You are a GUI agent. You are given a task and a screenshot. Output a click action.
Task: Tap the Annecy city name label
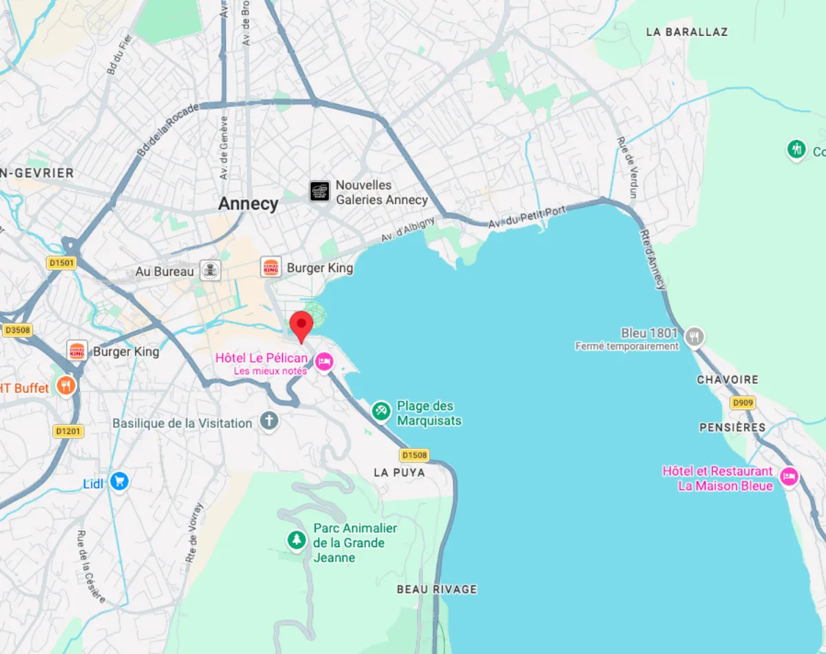tap(248, 204)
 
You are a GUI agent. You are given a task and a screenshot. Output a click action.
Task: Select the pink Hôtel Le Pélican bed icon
tap(324, 360)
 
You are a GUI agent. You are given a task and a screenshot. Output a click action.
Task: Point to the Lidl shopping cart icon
tap(120, 482)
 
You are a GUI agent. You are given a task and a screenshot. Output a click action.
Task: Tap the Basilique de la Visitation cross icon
tap(269, 421)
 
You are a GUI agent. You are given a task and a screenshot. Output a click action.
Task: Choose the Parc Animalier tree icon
tap(297, 540)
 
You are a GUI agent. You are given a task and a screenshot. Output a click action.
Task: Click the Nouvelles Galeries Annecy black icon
tap(319, 191)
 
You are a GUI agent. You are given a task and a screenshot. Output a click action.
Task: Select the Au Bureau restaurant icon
tap(210, 270)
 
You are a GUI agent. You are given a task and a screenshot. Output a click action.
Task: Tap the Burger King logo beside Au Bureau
tap(271, 267)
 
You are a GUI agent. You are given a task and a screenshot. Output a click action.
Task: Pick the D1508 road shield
tap(414, 455)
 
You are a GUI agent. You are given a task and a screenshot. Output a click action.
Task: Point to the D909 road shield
tap(743, 402)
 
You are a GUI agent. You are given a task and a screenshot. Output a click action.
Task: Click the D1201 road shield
tap(68, 431)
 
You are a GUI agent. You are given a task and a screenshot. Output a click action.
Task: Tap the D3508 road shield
tap(18, 330)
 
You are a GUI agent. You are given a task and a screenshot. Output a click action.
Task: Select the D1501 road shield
tap(61, 263)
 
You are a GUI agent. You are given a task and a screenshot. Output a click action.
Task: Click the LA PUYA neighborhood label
tap(399, 473)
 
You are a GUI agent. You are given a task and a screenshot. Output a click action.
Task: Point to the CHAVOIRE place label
tap(728, 380)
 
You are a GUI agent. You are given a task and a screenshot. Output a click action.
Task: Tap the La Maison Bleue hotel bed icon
tap(789, 476)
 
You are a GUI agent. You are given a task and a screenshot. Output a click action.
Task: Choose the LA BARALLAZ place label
tap(686, 32)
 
